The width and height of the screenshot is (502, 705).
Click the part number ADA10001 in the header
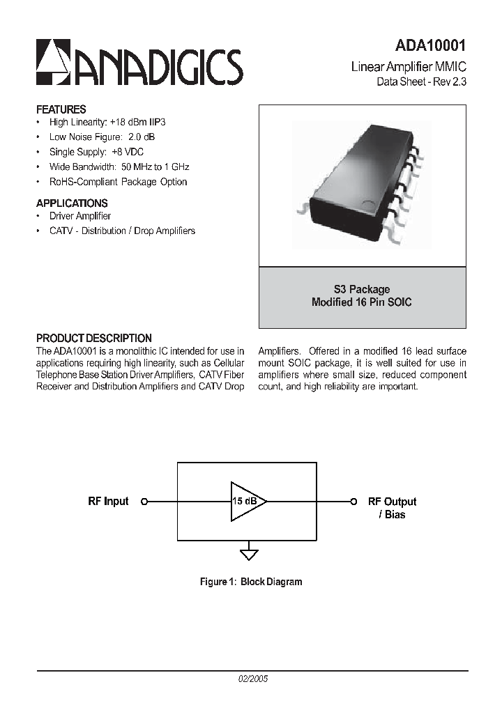click(430, 46)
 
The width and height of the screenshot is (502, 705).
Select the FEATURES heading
click(61, 109)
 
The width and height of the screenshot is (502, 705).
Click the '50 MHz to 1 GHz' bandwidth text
click(155, 167)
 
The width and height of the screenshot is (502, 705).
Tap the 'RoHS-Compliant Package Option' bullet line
click(118, 182)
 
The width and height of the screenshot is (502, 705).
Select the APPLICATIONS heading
click(72, 203)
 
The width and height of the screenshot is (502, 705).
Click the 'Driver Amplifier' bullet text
click(80, 216)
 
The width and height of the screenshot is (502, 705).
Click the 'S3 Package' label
click(362, 289)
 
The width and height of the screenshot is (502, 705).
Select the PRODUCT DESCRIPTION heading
click(94, 339)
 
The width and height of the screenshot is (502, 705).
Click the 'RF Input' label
click(108, 502)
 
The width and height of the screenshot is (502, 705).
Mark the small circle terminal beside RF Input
click(144, 502)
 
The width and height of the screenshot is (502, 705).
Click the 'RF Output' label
click(392, 502)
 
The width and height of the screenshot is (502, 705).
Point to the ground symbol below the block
click(249, 555)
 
